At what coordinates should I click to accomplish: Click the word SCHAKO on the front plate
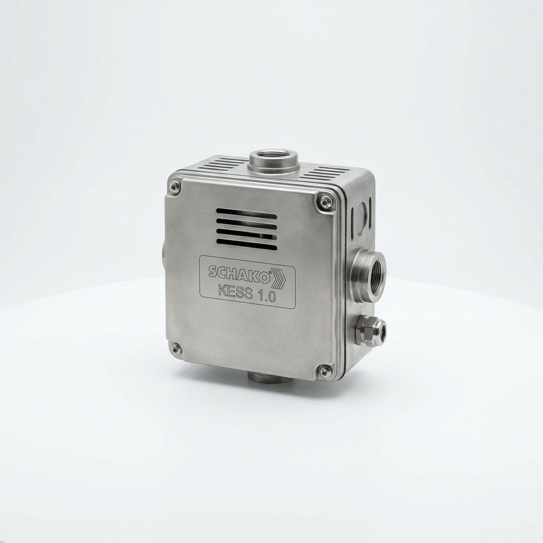pos(239,272)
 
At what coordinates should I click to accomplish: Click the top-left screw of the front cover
pos(174,188)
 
